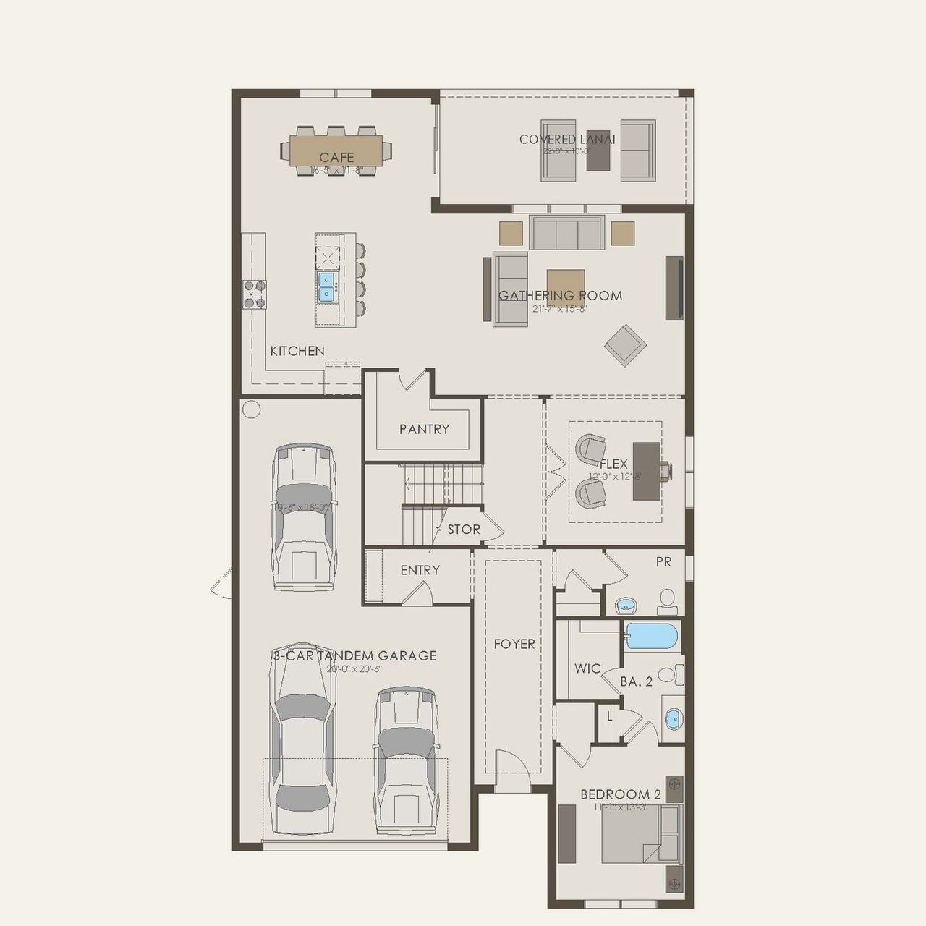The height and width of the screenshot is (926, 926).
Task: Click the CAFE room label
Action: pyautogui.click(x=336, y=157)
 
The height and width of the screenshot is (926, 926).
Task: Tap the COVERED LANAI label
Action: pyautogui.click(x=566, y=139)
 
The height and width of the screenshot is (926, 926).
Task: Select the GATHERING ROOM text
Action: pyautogui.click(x=560, y=295)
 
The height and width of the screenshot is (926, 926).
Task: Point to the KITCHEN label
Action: pyautogui.click(x=297, y=351)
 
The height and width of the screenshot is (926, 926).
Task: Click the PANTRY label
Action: pyautogui.click(x=424, y=429)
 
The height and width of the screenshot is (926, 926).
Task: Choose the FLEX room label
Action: pyautogui.click(x=613, y=464)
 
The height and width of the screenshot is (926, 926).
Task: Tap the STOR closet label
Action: pyautogui.click(x=464, y=530)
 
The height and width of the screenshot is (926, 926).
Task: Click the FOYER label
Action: pyautogui.click(x=514, y=644)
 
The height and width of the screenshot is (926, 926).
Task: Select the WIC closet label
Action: pyautogui.click(x=587, y=668)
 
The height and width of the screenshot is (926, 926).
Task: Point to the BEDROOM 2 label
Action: pyautogui.click(x=620, y=794)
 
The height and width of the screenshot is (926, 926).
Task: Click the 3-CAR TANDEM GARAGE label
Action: pyautogui.click(x=354, y=655)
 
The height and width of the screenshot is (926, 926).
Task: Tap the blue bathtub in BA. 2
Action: pyautogui.click(x=651, y=637)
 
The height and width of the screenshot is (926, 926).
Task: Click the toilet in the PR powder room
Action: pyautogui.click(x=667, y=600)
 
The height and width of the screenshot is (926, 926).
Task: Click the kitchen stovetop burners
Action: pyautogui.click(x=254, y=294)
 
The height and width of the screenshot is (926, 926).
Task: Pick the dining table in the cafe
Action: pyautogui.click(x=336, y=150)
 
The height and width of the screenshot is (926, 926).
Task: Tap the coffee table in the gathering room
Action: pyautogui.click(x=566, y=282)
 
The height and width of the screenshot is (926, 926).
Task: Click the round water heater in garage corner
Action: pyautogui.click(x=251, y=409)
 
